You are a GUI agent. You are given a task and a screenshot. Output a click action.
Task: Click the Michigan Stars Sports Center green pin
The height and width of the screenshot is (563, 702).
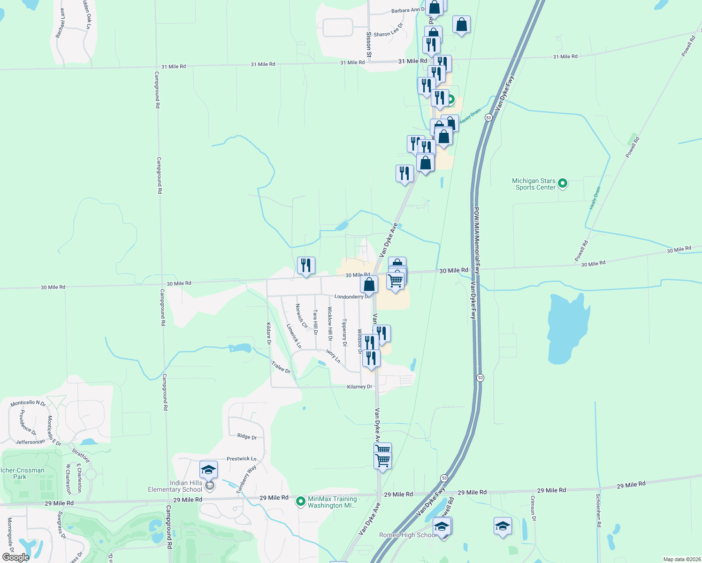[563, 183]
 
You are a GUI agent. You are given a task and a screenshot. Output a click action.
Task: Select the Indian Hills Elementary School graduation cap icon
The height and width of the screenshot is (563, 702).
[208, 469]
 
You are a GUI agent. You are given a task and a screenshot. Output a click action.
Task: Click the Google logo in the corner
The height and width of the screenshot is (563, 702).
[15, 557]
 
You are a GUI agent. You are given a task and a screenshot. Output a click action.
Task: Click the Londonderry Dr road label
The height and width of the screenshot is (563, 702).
[352, 297]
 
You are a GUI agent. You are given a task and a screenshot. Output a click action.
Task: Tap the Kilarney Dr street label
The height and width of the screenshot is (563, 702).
[359, 387]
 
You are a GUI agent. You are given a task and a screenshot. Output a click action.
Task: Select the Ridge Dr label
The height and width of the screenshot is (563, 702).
[247, 436]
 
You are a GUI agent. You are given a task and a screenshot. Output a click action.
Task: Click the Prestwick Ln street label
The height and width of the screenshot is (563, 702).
[241, 458]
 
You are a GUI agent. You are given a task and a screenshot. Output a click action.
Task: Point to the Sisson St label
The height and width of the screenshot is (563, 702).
[369, 45]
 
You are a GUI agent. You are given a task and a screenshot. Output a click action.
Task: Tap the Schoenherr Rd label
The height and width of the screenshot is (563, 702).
[598, 510]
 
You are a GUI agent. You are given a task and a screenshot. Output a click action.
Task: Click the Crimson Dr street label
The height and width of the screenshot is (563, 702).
[533, 508]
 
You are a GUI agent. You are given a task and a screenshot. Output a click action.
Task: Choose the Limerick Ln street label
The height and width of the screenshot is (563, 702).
[294, 336]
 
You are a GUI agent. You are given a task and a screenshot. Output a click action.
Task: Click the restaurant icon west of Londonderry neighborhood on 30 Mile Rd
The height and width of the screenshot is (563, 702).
[306, 266]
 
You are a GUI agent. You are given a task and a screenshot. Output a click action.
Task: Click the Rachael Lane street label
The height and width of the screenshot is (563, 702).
[60, 23]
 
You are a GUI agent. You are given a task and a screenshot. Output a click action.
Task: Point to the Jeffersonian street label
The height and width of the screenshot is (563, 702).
[31, 442]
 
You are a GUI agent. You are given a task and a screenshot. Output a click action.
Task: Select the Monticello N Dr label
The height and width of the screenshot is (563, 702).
[28, 403]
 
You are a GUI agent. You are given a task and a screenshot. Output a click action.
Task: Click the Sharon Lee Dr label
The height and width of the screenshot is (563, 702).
[388, 31]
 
